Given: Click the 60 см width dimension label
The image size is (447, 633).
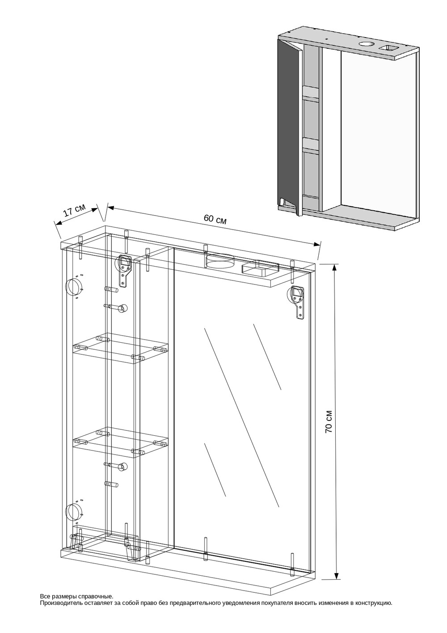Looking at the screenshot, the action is coord(215,219).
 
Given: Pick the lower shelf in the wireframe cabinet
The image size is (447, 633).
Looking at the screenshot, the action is coord(121,442).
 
